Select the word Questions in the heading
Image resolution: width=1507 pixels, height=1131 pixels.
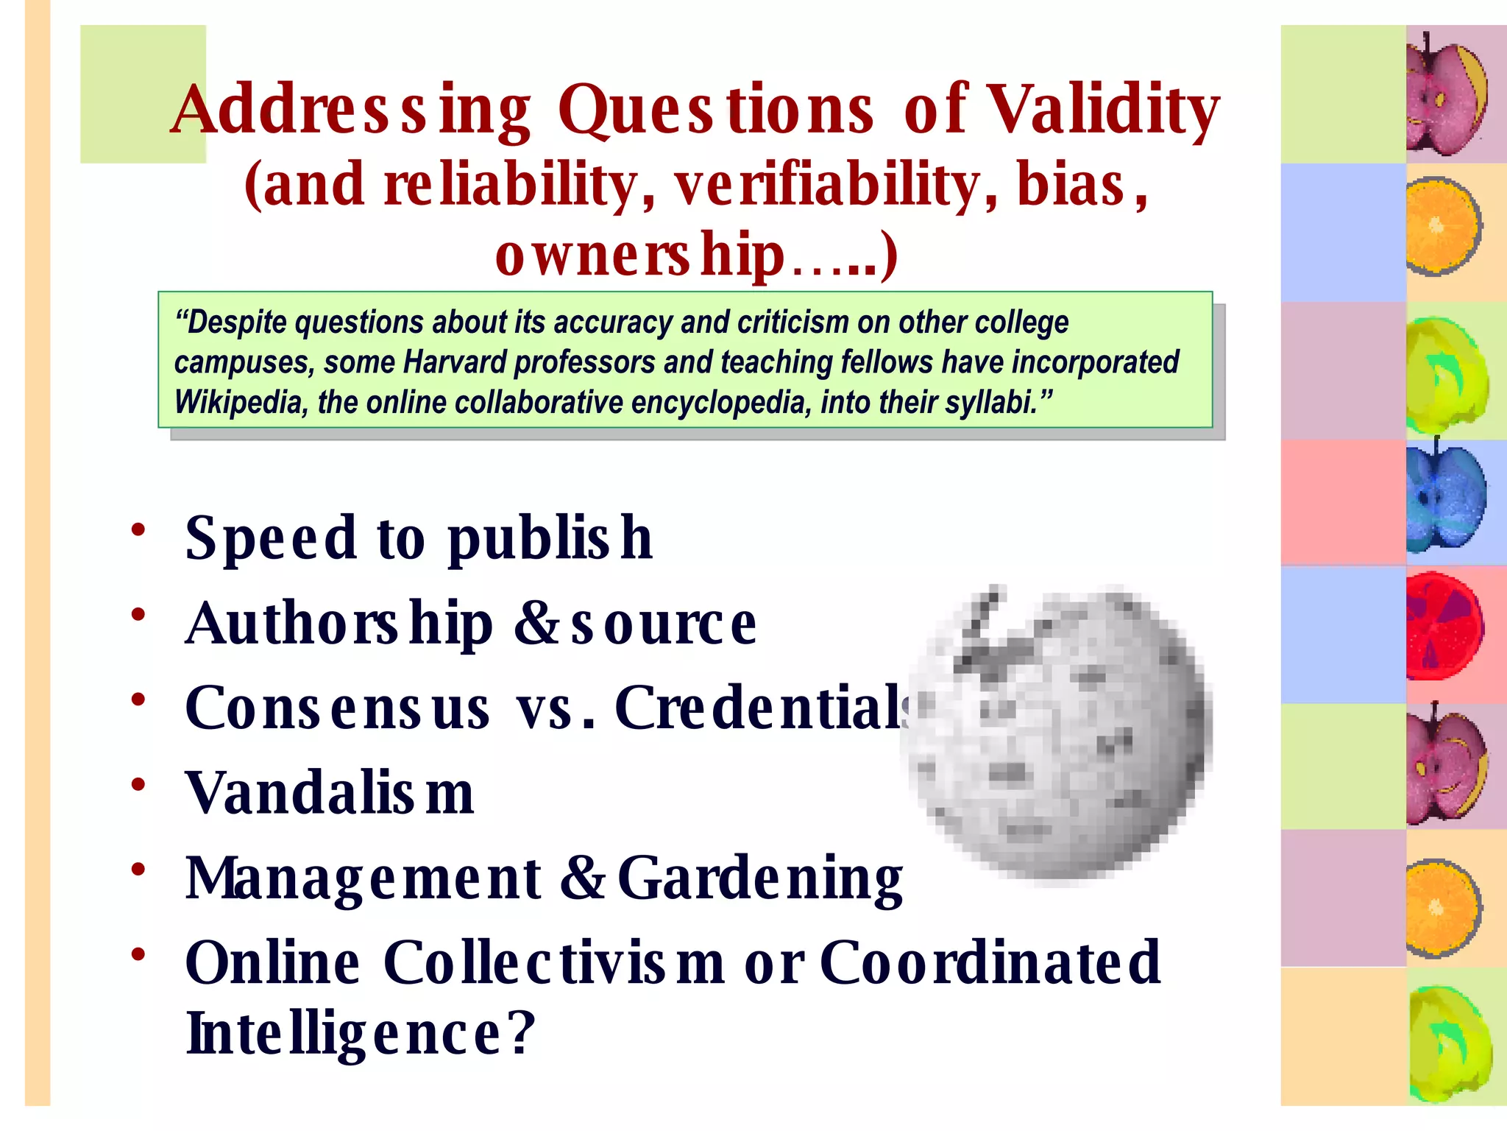tap(715, 110)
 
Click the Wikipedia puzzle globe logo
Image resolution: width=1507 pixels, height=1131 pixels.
tap(1057, 733)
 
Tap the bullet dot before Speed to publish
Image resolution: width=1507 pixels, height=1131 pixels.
tap(138, 529)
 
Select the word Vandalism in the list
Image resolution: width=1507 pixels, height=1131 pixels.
tap(330, 793)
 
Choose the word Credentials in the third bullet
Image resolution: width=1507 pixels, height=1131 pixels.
tap(762, 708)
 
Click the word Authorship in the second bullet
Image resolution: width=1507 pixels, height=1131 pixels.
tap(338, 624)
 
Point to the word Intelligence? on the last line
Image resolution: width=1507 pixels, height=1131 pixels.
tap(361, 1033)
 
